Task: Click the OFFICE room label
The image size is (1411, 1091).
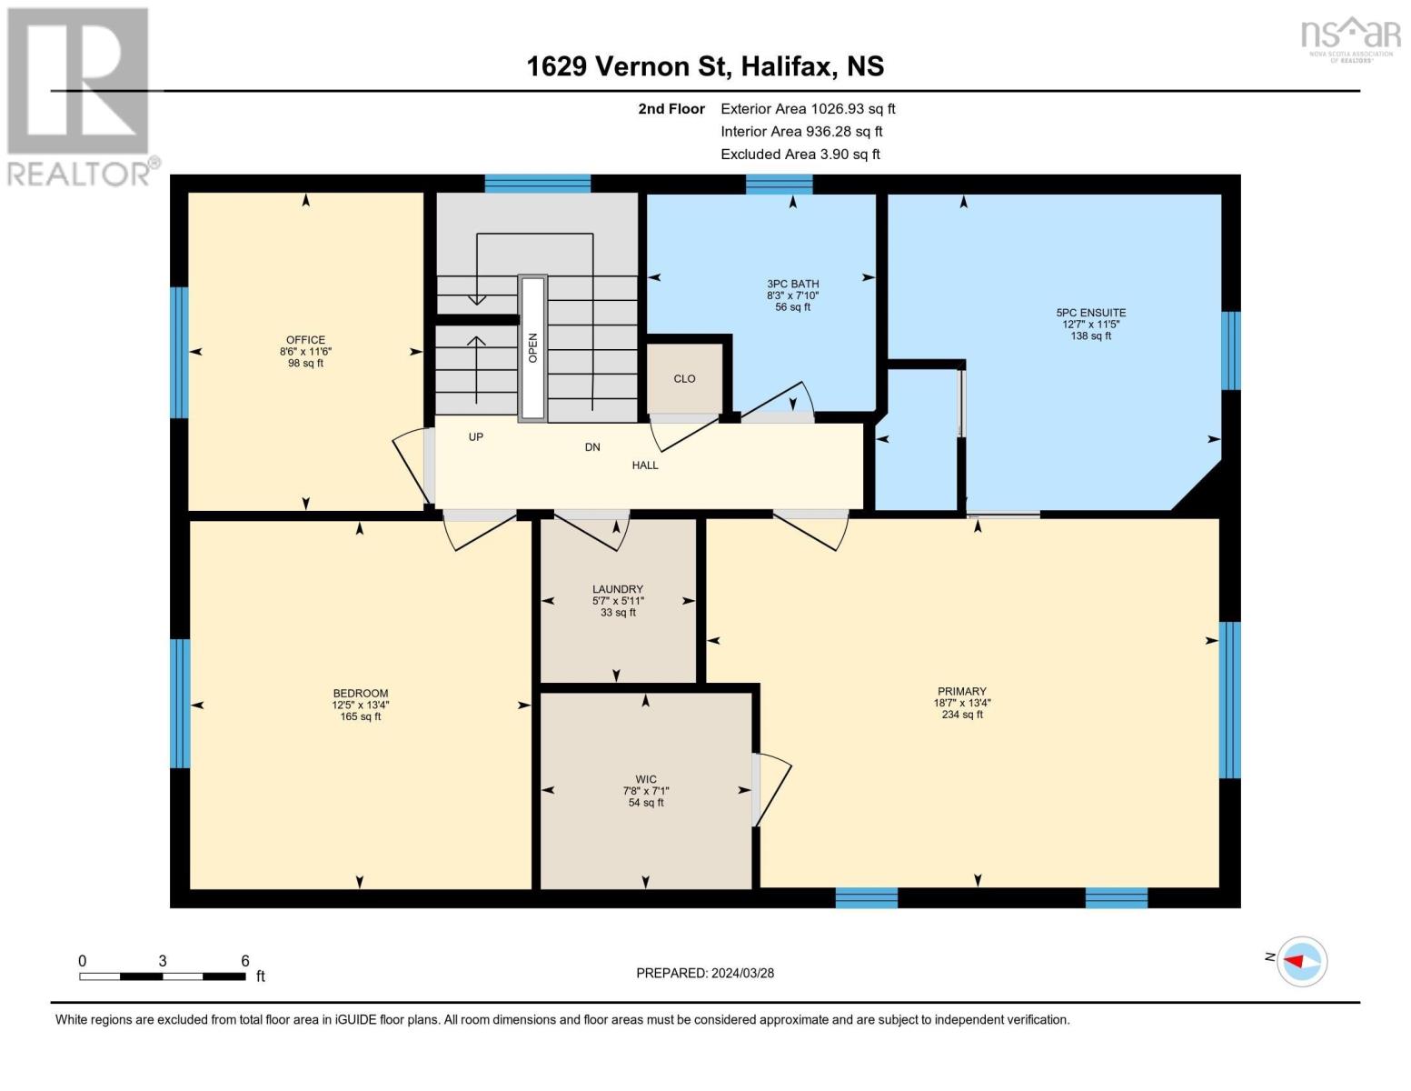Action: pyautogui.click(x=305, y=340)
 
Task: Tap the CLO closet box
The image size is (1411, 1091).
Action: pyautogui.click(x=684, y=378)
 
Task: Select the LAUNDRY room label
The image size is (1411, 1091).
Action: pyautogui.click(x=618, y=589)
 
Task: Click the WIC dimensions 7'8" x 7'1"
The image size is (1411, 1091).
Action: pyautogui.click(x=646, y=791)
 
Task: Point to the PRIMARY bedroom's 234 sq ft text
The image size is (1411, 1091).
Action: pyautogui.click(x=962, y=715)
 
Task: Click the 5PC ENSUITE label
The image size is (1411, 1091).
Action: pyautogui.click(x=1091, y=313)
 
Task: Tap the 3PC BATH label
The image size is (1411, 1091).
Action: pyautogui.click(x=792, y=284)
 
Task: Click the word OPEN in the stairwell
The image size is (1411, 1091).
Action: pyautogui.click(x=533, y=347)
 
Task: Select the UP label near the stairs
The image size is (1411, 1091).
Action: pyautogui.click(x=475, y=437)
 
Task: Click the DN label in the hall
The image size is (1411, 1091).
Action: pyautogui.click(x=592, y=447)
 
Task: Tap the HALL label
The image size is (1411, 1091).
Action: pyautogui.click(x=645, y=465)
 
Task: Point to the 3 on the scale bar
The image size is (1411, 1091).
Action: pyautogui.click(x=162, y=961)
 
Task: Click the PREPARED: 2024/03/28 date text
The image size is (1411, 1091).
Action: pyautogui.click(x=705, y=973)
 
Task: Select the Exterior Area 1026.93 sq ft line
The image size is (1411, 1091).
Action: pyautogui.click(x=808, y=108)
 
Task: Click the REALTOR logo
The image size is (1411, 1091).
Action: pyautogui.click(x=80, y=95)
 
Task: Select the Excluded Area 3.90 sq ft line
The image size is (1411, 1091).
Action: pyautogui.click(x=800, y=155)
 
